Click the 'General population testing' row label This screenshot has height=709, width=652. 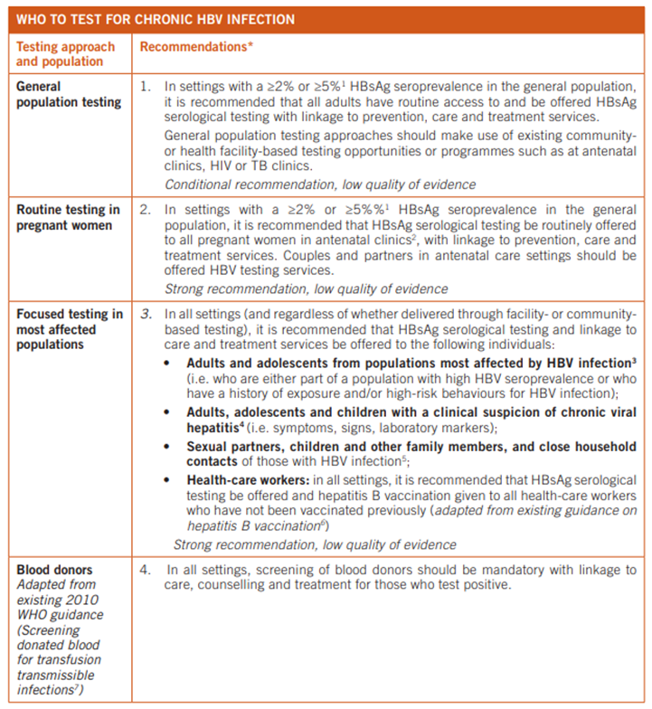click(x=68, y=94)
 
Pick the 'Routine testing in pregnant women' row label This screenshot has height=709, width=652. click(x=68, y=218)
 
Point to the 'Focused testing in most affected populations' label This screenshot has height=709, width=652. click(x=68, y=329)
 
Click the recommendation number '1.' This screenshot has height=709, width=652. click(x=146, y=87)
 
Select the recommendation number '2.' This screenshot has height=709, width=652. click(x=146, y=211)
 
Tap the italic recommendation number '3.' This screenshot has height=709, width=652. click(x=146, y=315)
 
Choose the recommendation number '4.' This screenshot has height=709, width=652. click(x=146, y=571)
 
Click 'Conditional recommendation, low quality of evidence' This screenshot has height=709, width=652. click(x=320, y=184)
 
